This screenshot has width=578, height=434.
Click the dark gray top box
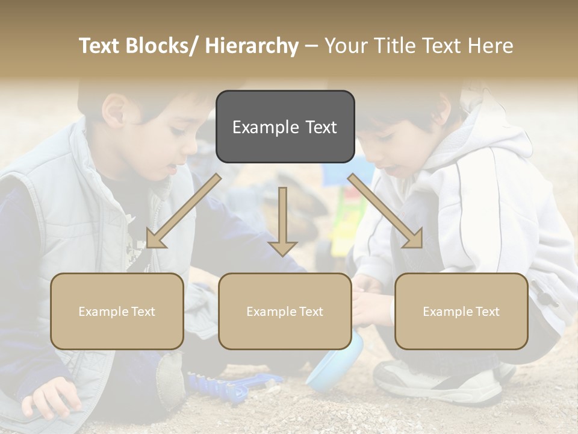pos(285,127)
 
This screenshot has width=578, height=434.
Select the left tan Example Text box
pos(117,311)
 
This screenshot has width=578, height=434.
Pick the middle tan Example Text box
pos(285,311)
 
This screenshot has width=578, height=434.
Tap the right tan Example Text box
pos(461,311)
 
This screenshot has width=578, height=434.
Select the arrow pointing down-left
pos(183,211)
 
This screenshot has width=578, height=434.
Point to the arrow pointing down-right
pos(386,211)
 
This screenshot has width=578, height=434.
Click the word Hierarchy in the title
pos(252,46)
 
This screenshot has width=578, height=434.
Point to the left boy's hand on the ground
pos(51,394)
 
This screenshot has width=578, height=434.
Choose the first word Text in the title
pos(100,46)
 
